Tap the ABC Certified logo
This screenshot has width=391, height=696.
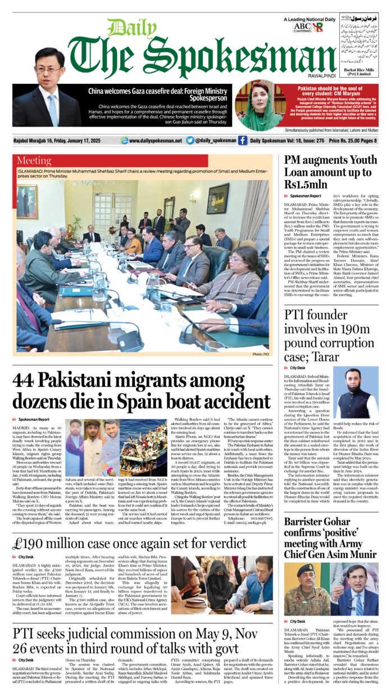302,28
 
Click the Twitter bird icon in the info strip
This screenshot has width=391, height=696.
190,141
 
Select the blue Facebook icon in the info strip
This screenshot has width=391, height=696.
243,141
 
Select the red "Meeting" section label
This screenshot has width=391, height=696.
34,161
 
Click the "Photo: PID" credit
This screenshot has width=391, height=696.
260,354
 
